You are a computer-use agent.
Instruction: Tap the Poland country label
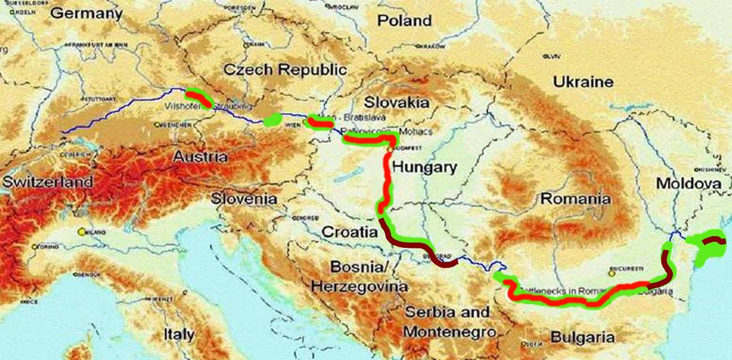404,20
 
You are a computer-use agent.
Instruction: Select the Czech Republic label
285,69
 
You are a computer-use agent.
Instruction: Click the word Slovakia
396,101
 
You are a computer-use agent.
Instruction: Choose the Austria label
200,157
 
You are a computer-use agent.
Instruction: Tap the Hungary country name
424,167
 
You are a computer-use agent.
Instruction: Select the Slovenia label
244,199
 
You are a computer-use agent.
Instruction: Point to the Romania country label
575,199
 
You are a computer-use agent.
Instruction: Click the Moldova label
688,184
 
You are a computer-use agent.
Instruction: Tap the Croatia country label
349,232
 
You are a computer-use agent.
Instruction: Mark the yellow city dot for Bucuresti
611,273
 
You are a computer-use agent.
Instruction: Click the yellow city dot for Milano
81,231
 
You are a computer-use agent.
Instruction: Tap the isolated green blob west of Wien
272,119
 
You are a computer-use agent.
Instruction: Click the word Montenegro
449,332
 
